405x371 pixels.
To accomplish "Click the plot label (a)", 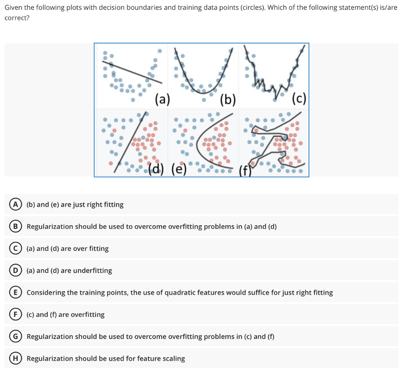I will tap(162, 99).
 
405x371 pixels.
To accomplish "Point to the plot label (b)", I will tap(228, 99).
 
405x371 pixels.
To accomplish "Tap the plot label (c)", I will tap(299, 99).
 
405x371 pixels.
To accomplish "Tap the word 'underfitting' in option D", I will tap(93, 271).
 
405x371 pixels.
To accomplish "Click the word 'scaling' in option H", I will tap(173, 359).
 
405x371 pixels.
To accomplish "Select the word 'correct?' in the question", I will tap(17, 18).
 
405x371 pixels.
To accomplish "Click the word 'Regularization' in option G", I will tap(50, 337).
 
